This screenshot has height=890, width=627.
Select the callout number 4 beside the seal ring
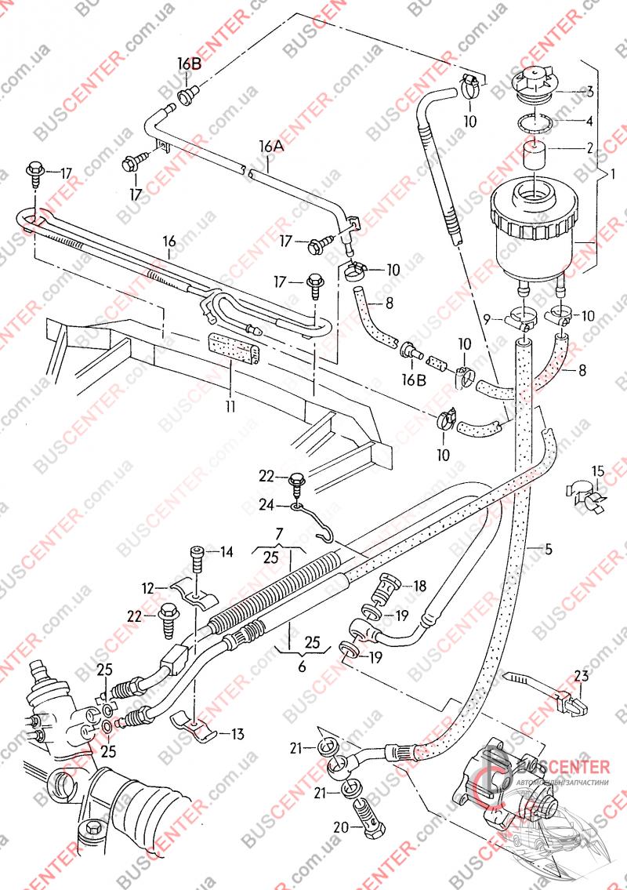[589, 122]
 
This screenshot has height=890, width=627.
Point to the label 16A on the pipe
[270, 147]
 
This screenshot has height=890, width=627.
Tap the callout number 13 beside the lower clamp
[236, 734]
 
